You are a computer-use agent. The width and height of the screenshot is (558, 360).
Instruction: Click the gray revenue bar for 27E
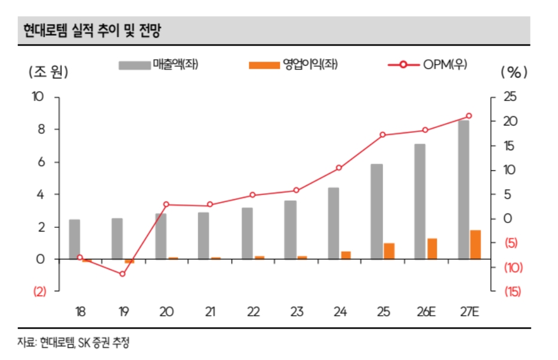464,190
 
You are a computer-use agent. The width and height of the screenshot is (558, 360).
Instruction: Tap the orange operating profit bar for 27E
475,245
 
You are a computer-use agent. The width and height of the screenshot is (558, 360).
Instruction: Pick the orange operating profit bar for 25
389,251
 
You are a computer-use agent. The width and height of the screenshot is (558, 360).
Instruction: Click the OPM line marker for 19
123,274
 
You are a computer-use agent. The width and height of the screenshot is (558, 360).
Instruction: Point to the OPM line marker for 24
339,168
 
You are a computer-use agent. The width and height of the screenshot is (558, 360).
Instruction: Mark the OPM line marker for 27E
469,116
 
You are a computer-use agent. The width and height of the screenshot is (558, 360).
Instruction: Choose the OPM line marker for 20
166,205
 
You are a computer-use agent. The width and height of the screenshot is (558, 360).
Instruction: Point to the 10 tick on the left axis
38,97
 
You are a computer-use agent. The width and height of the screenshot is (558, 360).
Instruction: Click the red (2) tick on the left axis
39,292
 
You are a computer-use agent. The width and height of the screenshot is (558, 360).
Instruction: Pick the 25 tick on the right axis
510,97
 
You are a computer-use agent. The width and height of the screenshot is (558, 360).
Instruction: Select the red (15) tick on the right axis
513,291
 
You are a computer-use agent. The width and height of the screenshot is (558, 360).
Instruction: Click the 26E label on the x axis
426,312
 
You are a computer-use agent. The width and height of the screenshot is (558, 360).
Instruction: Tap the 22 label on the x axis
252,312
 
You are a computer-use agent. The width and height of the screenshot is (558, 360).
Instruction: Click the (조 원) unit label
48,72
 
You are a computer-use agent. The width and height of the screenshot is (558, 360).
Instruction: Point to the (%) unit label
514,72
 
